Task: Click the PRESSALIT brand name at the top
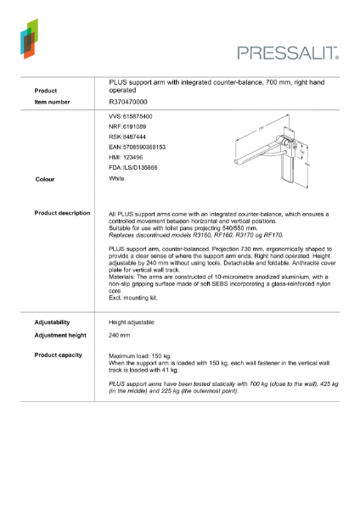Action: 288,53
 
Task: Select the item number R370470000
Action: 128,102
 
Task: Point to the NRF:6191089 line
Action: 127,126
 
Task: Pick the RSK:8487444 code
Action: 127,136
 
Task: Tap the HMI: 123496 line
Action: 127,158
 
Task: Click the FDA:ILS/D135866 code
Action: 135,168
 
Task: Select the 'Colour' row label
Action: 45,180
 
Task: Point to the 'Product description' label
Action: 62,213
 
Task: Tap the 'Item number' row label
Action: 52,102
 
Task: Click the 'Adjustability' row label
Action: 52,322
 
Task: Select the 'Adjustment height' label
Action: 59,336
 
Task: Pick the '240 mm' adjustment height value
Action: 121,336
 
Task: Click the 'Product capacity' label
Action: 58,354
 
